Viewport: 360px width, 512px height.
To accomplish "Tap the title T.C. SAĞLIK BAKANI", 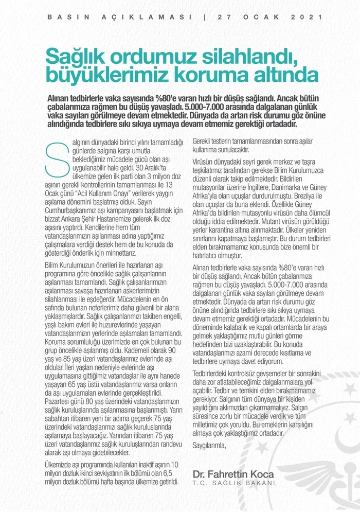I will [233, 484].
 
